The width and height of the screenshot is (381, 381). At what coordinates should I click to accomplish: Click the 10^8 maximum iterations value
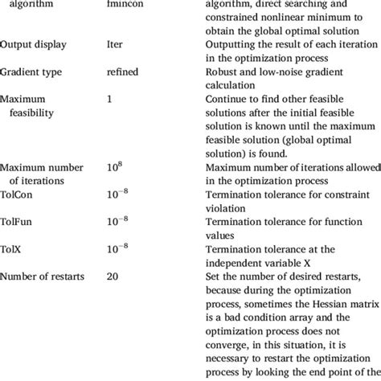pos(116,166)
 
